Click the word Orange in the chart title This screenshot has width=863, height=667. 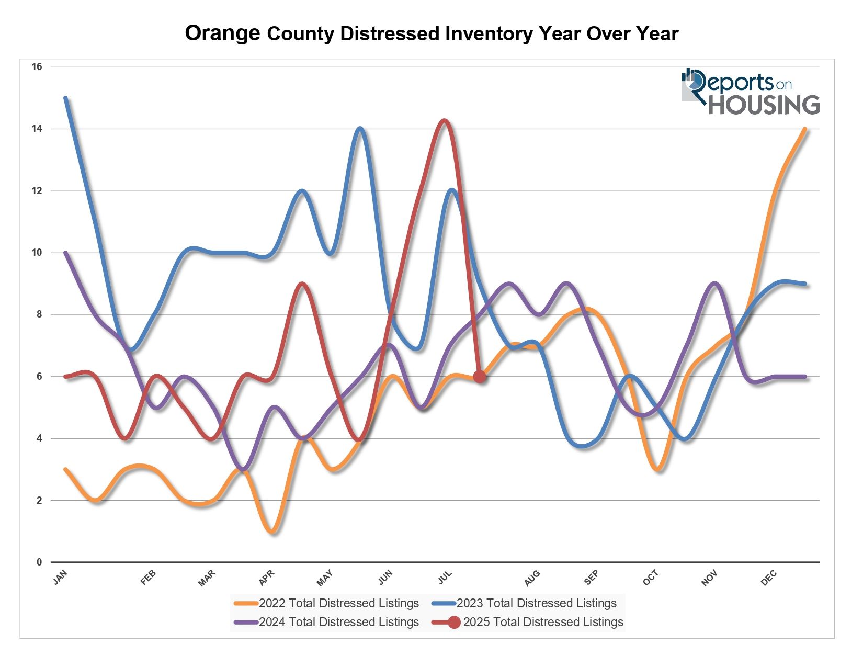222,33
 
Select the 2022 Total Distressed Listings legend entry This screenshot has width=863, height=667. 327,603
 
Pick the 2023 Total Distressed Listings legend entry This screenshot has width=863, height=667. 525,603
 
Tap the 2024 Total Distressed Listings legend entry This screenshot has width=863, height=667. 327,622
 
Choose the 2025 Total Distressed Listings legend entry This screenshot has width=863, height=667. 528,622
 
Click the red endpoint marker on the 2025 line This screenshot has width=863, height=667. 479,377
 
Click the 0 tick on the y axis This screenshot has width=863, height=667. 39,562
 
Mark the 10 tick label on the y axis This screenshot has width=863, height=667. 37,253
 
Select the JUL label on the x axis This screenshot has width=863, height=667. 445,578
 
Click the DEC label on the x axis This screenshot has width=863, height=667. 769,578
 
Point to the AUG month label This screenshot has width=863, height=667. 532,578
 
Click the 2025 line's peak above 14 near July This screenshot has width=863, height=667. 444,121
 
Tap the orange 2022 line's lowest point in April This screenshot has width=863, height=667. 272,532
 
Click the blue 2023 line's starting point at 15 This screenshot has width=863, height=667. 65,98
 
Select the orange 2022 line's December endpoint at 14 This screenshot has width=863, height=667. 805,129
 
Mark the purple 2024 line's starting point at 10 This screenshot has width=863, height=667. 65,253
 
